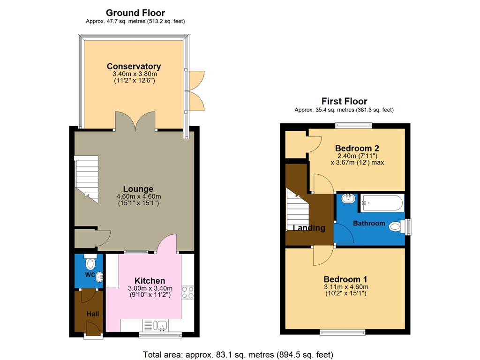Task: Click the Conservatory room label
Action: point(134,67)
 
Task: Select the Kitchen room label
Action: point(150,281)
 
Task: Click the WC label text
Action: point(90,274)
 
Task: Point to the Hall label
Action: point(92,314)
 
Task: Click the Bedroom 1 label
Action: point(346,279)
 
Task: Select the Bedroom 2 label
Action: point(357,148)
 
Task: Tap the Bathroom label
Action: point(369,223)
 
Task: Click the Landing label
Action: point(309,228)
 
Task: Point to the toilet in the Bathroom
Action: point(397,227)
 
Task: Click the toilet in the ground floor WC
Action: point(90,260)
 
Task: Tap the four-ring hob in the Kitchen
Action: point(188,292)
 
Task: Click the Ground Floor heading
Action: point(135,13)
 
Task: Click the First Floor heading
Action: point(344,101)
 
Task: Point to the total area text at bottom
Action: point(238,354)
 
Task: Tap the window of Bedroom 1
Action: point(343,332)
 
